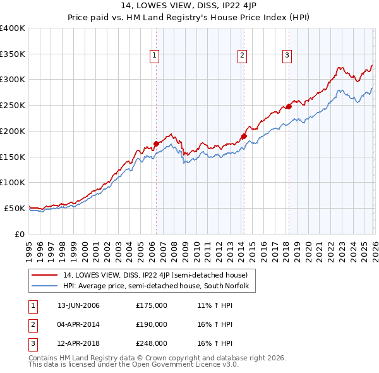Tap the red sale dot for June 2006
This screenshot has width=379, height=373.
click(x=156, y=144)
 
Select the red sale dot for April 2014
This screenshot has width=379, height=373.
click(x=243, y=135)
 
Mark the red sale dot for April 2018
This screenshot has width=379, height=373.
click(x=289, y=106)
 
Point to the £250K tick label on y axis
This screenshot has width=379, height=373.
click(x=13, y=105)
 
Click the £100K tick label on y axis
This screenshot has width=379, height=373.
click(x=13, y=182)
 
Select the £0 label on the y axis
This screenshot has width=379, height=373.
click(x=19, y=234)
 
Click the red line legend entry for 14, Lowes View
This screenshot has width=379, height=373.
click(x=159, y=275)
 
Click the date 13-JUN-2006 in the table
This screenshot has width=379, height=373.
click(x=78, y=305)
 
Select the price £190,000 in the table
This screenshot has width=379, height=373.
click(x=152, y=324)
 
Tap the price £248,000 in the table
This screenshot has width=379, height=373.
click(x=152, y=343)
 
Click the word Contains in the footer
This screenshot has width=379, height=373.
click(x=44, y=358)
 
